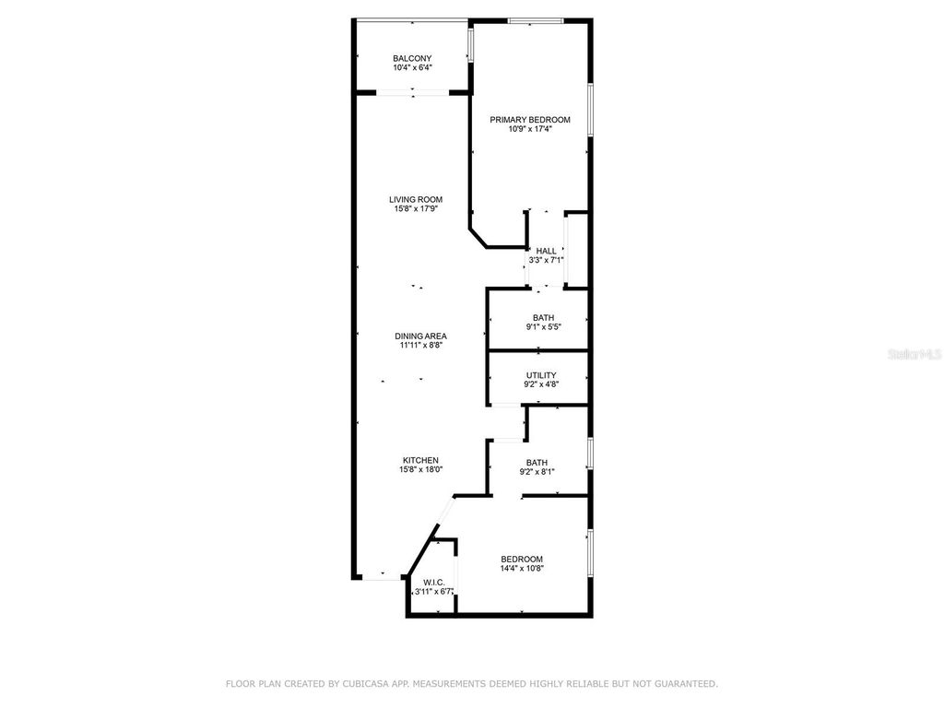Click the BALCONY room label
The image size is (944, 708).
pos(412,58)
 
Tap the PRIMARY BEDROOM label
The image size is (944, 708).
pos(530,120)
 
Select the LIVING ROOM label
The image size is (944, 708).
pos(416,199)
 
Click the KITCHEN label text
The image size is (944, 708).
pos(420,460)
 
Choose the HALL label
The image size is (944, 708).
pos(547,251)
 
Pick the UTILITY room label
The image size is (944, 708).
pos(541,375)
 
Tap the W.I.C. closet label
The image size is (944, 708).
pos(433,583)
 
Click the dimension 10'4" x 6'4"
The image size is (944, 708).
pos(412,67)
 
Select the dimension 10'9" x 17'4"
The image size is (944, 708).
pos(530,129)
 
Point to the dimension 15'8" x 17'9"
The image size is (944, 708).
pos(416,208)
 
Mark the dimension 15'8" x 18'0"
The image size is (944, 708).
pos(420,469)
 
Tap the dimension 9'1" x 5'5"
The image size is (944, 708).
pos(543,327)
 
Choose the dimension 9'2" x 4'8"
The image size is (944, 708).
pos(541,384)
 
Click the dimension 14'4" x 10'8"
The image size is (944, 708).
pos(522,568)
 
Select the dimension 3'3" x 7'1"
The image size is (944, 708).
pos(547,260)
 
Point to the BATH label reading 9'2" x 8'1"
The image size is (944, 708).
pos(537,463)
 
